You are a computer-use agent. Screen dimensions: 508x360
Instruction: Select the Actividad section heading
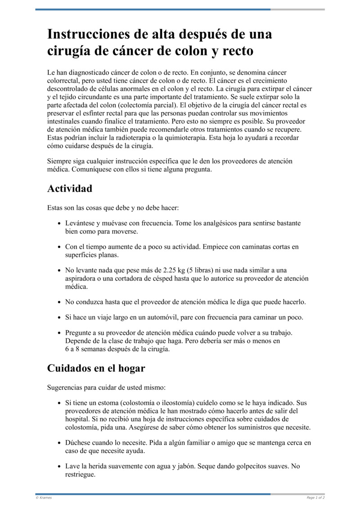tap(70, 188)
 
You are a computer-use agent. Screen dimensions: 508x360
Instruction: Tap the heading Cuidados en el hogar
tap(96, 368)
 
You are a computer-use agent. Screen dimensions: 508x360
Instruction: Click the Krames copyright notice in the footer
tap(44, 498)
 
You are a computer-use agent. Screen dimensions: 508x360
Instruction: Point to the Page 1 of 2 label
tap(315, 498)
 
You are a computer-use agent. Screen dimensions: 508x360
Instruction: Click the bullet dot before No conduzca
tap(59, 302)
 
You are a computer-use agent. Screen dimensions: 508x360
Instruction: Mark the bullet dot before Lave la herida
tap(59, 467)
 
